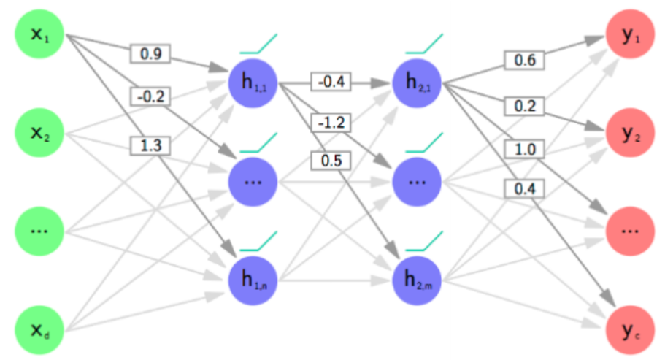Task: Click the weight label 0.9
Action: click(150, 53)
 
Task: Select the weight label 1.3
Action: click(150, 146)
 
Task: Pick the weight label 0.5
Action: click(331, 158)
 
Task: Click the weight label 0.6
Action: click(524, 61)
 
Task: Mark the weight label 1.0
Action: click(524, 149)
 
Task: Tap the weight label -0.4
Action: click(331, 82)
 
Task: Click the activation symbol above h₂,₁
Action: click(426, 46)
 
